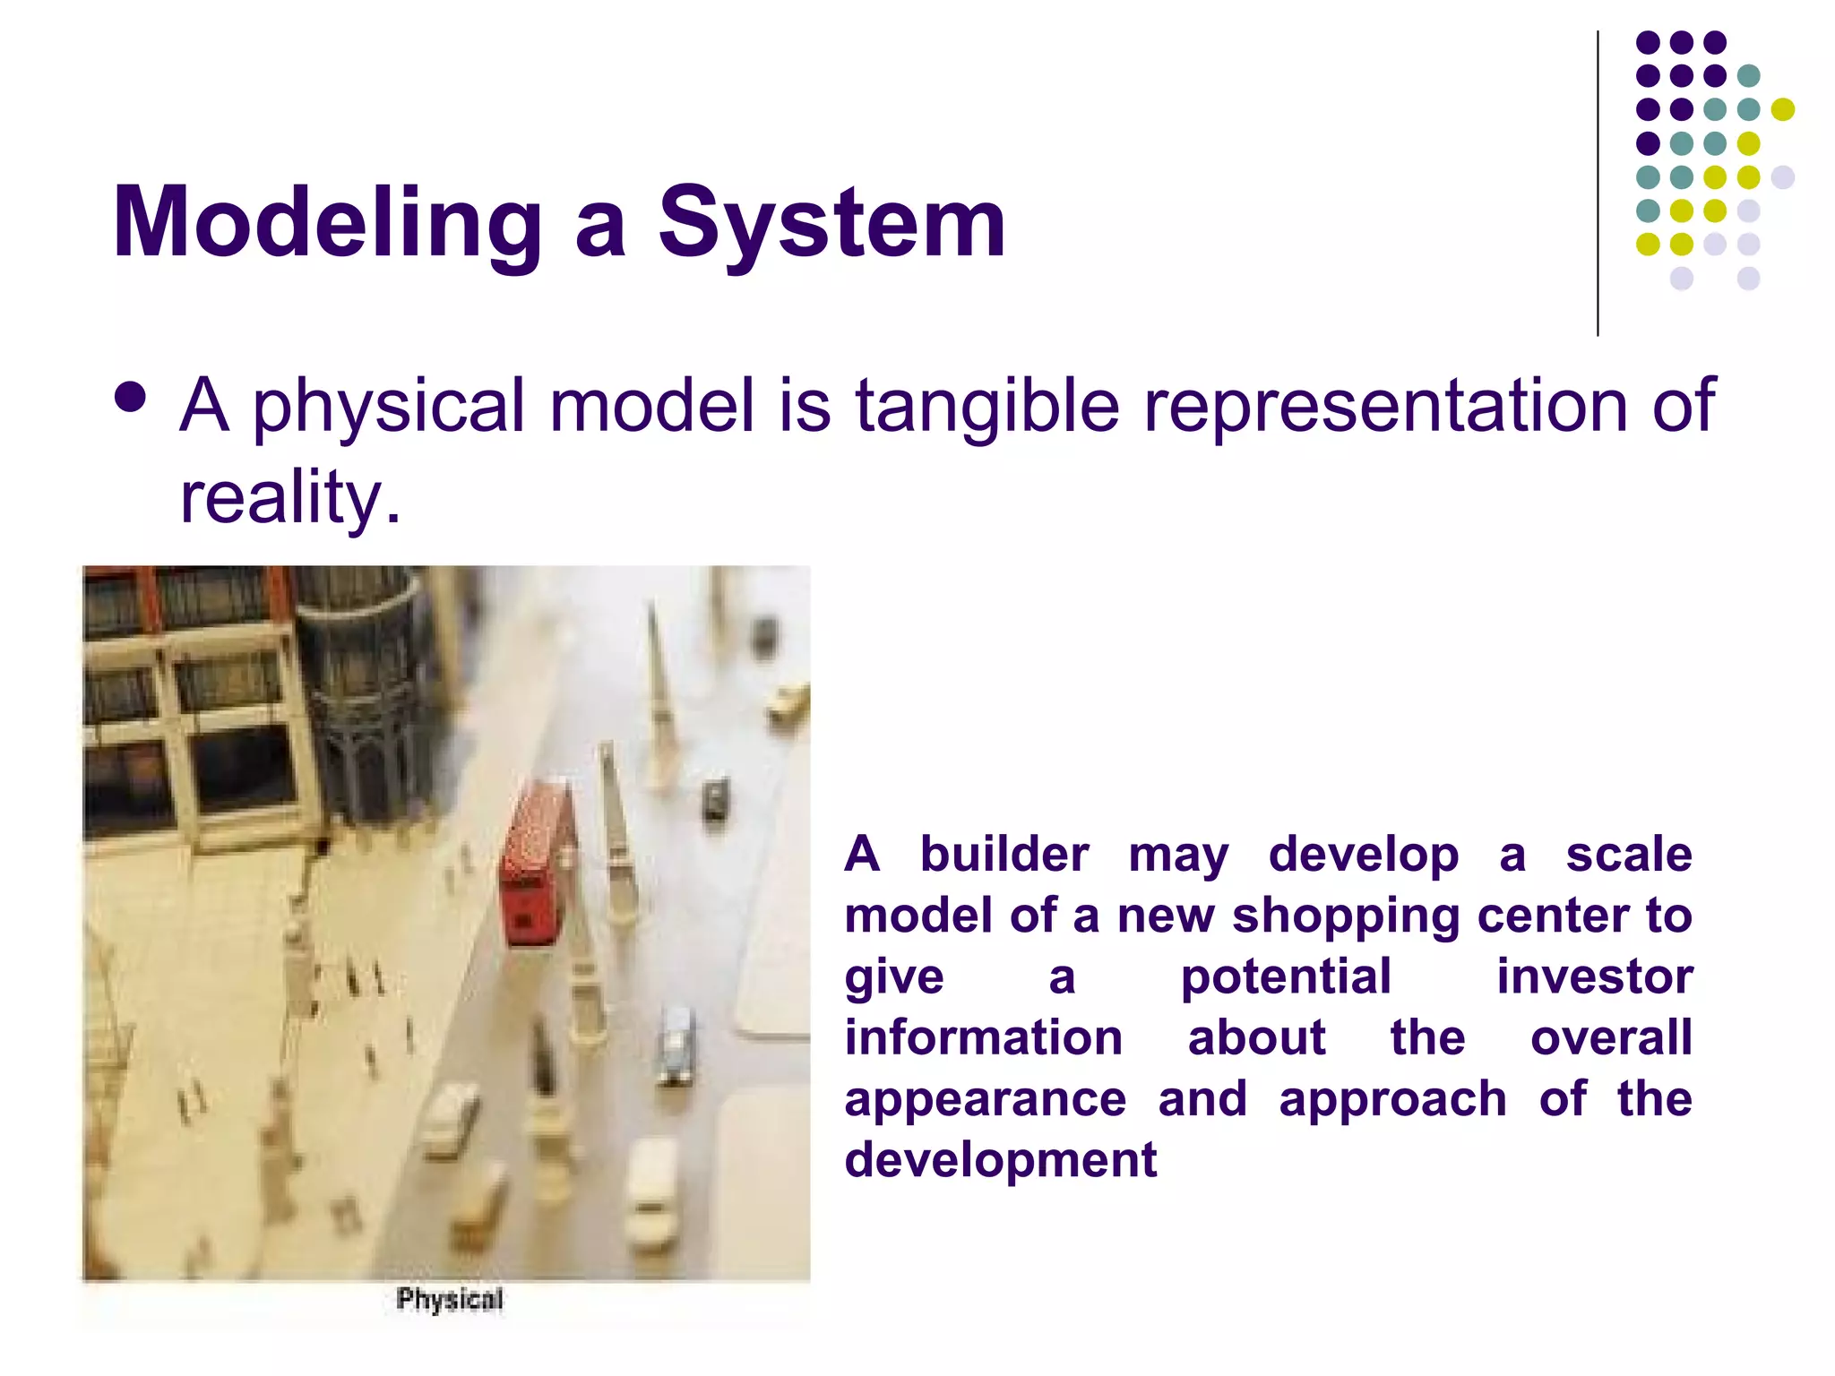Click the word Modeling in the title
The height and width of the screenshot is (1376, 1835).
click(327, 222)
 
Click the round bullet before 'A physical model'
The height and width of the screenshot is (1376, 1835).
click(131, 398)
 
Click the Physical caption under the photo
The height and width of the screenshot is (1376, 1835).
click(450, 1299)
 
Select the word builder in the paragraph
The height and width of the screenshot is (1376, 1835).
click(1004, 853)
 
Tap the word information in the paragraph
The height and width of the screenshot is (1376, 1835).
click(984, 1037)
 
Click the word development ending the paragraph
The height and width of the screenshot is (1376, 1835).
click(1001, 1159)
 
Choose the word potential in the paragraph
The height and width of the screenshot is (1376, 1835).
click(1286, 976)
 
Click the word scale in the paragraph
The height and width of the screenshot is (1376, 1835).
click(1628, 853)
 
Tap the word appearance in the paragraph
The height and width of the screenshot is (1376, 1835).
click(986, 1098)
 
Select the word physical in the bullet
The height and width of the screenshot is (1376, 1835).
click(389, 405)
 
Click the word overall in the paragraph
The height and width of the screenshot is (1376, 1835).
click(1611, 1037)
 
